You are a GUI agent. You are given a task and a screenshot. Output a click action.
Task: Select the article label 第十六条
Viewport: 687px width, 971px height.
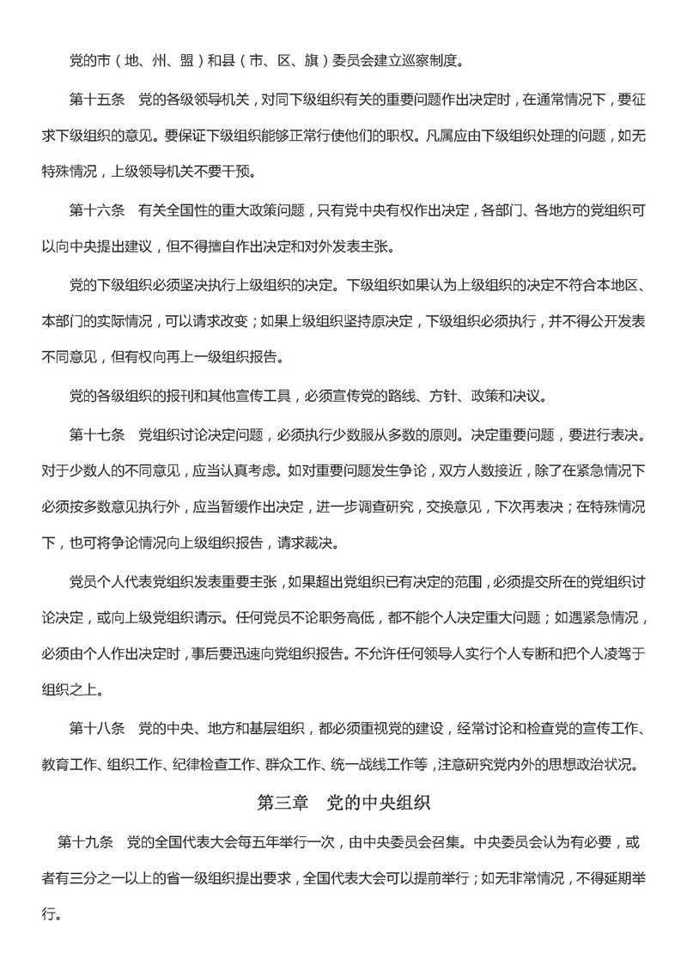(97, 209)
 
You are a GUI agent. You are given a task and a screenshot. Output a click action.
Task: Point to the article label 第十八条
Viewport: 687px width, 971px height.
(97, 731)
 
